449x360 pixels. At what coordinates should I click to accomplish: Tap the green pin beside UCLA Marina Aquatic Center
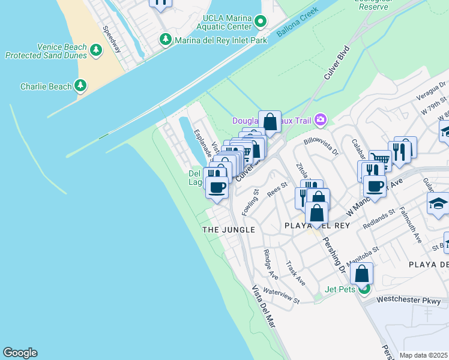261,22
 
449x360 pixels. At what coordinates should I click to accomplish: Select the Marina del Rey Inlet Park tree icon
166,40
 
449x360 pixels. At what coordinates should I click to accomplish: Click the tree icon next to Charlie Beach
80,86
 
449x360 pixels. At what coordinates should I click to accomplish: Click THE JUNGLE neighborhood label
228,230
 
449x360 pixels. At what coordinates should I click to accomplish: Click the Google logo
20,353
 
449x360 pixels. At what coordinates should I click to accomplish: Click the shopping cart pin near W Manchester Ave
379,159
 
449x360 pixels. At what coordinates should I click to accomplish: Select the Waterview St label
281,295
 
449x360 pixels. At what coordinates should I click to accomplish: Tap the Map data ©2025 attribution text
423,355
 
